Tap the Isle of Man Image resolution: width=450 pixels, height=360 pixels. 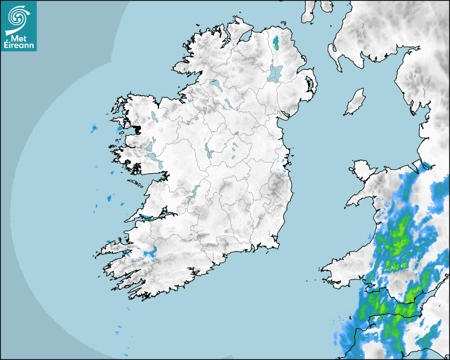pyautogui.click(x=355, y=102)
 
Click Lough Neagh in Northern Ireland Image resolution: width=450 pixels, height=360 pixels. pyautogui.click(x=275, y=73)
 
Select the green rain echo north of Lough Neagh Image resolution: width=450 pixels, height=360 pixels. pyautogui.click(x=276, y=41)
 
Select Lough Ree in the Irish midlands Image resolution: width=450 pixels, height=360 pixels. pyautogui.click(x=208, y=150)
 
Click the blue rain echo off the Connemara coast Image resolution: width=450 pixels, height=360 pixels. pyautogui.click(x=95, y=128)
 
